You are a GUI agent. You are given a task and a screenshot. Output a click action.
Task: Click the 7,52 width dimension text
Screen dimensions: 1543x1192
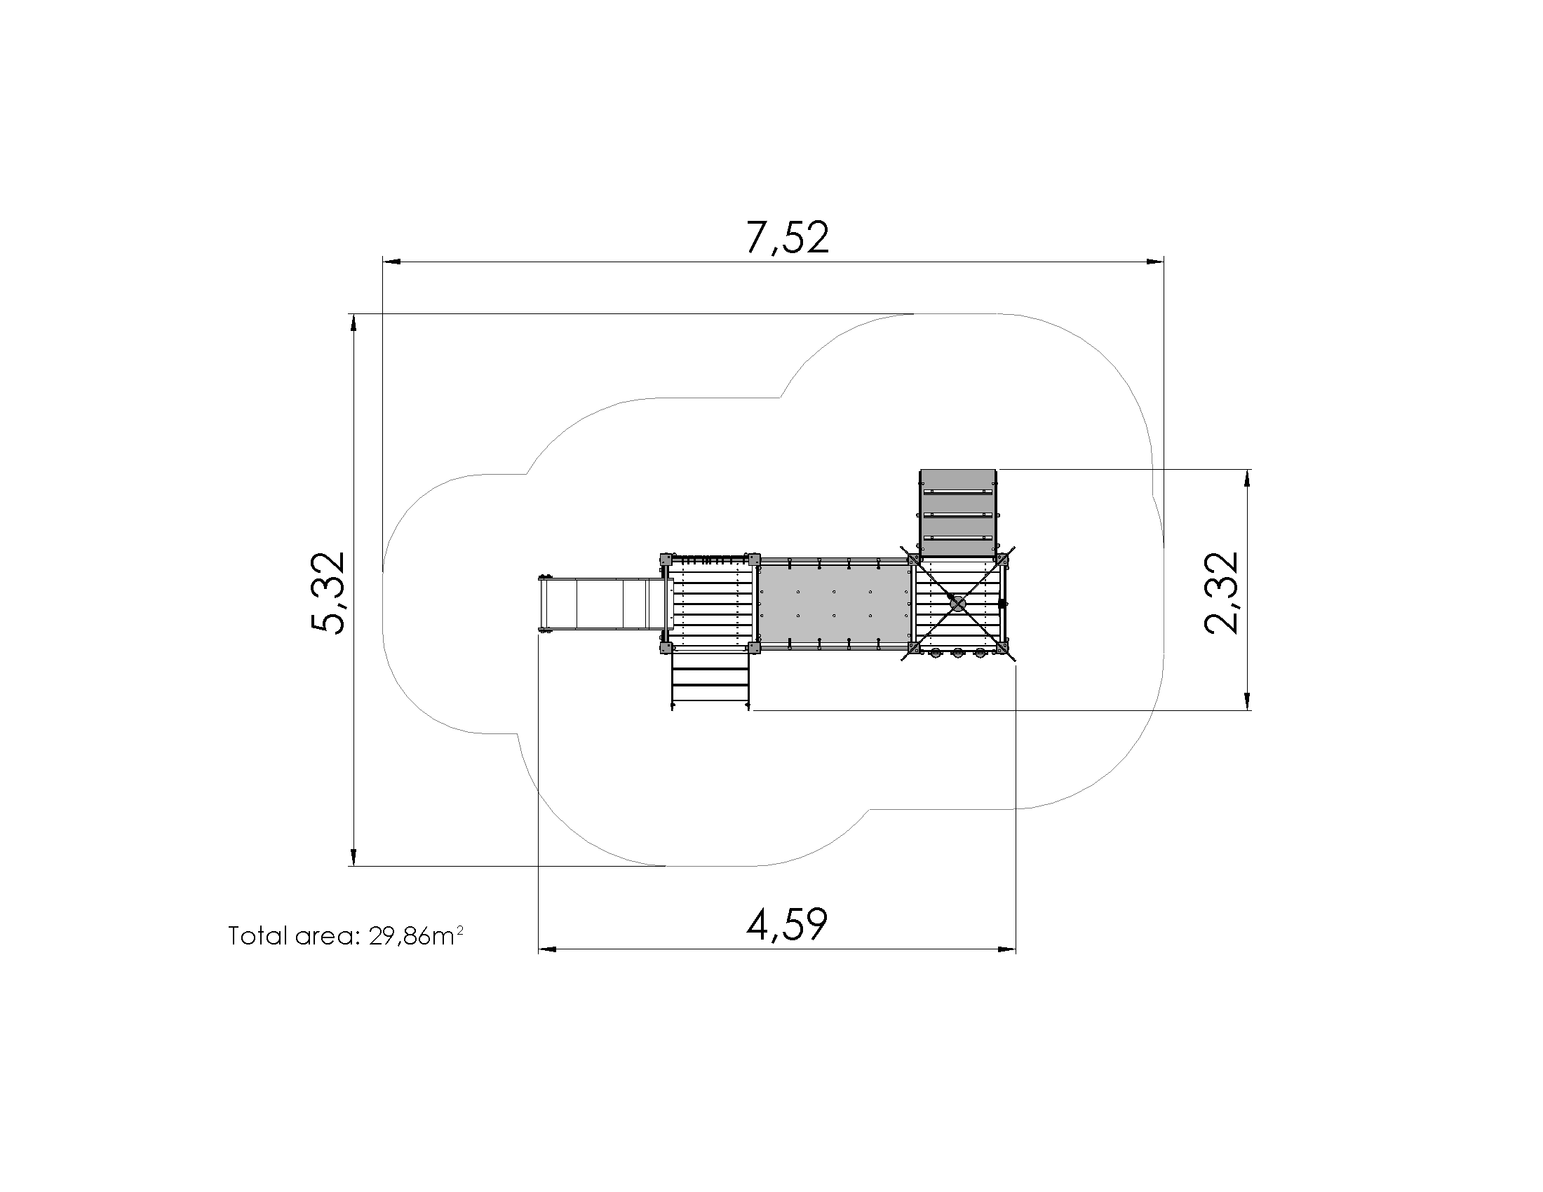(x=787, y=237)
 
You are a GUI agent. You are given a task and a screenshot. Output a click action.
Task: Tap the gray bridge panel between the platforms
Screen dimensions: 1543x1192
(x=835, y=603)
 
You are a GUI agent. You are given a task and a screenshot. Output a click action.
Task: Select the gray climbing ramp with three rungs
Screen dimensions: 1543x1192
(x=958, y=512)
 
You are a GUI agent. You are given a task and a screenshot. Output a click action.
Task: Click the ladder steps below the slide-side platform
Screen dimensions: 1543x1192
(x=710, y=679)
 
